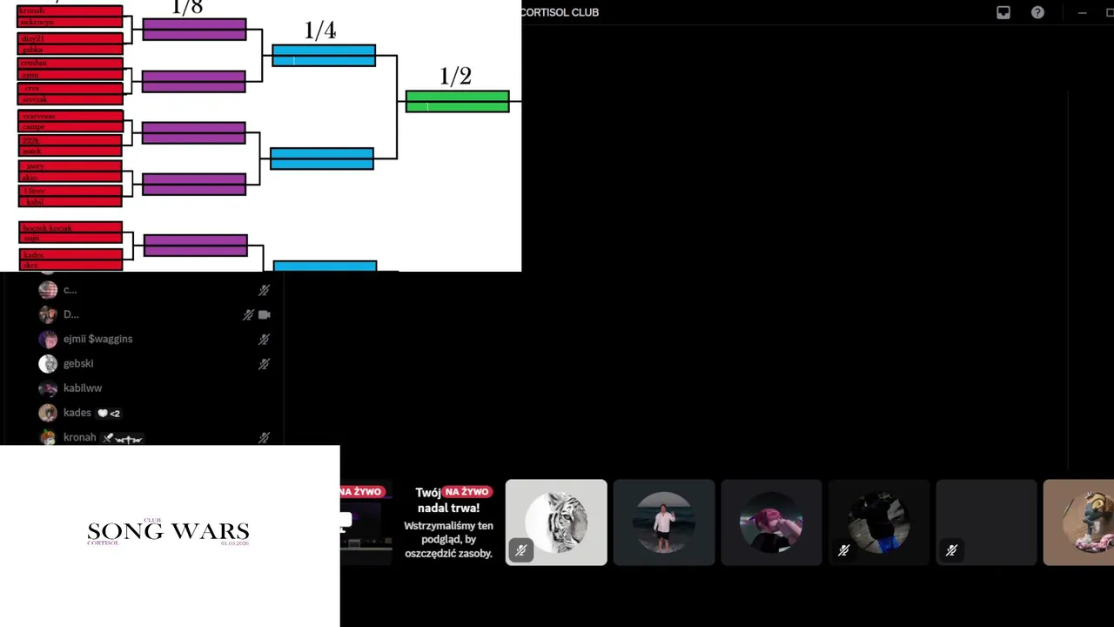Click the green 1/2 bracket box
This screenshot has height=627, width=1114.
click(x=457, y=102)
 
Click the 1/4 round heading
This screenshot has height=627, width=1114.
click(x=320, y=30)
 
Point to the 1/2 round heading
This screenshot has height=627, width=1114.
click(x=455, y=77)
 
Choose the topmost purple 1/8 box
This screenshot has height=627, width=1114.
click(x=194, y=30)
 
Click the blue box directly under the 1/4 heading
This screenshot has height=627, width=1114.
click(x=324, y=56)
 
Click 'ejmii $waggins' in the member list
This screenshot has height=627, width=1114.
click(x=97, y=339)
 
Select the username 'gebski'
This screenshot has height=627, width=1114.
click(x=78, y=363)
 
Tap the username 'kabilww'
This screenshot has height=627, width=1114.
click(x=83, y=388)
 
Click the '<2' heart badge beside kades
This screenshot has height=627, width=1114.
click(x=109, y=413)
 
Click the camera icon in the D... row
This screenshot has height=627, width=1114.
click(x=265, y=314)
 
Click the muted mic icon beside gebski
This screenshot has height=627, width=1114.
click(x=264, y=364)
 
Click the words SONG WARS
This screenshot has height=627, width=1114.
click(x=168, y=532)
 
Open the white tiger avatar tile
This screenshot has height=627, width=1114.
click(x=556, y=522)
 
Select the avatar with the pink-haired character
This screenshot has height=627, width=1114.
click(x=771, y=522)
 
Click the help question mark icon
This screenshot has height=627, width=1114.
click(x=1037, y=12)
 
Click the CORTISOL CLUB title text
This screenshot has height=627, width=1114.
click(x=560, y=12)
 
